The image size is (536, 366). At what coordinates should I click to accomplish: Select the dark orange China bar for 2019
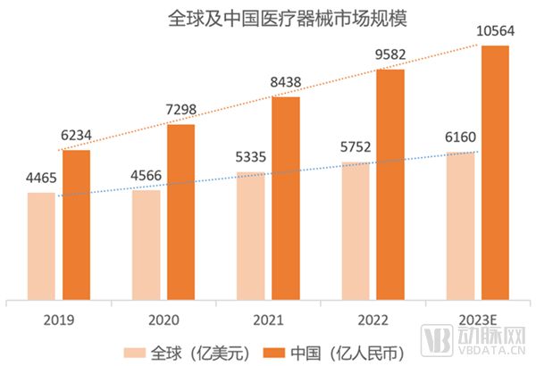tap(76, 225)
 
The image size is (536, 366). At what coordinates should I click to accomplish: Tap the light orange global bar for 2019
tap(41, 246)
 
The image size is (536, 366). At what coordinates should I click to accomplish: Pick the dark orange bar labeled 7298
tap(180, 212)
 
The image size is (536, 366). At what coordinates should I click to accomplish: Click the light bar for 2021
tap(250, 236)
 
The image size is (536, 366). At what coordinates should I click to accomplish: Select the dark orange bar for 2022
tap(390, 185)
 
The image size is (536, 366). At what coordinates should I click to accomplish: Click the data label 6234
tap(77, 134)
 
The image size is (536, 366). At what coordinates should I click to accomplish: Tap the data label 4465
tap(41, 177)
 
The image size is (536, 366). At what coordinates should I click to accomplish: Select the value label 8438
tap(286, 81)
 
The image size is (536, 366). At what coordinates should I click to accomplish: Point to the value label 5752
tap(356, 147)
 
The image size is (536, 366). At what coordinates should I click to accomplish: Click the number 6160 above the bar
tap(460, 137)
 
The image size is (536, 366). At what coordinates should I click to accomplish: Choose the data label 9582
tap(390, 54)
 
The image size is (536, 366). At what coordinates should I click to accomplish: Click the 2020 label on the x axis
tap(163, 318)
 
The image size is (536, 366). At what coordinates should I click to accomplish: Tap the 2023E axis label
tap(477, 318)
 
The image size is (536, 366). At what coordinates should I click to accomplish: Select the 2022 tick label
tap(373, 318)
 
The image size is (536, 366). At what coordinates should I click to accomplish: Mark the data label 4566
tap(146, 174)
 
